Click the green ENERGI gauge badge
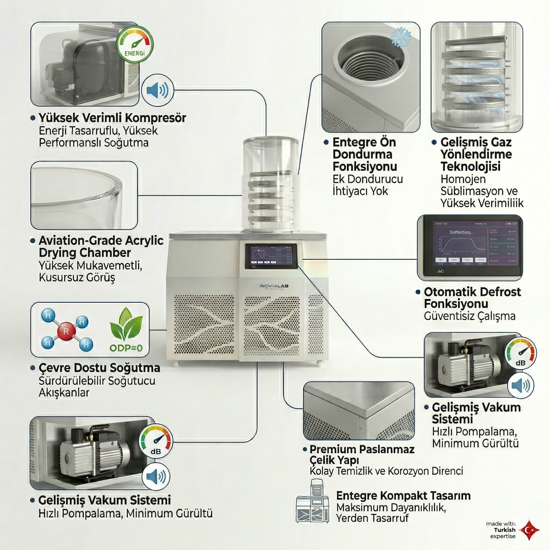(x=135, y=44)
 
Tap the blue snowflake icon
(x=401, y=37)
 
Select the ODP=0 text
(x=126, y=348)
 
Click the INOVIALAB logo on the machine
(x=274, y=286)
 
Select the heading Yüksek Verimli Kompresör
(x=112, y=118)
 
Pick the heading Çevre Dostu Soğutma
(x=99, y=368)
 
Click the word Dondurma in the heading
(x=362, y=154)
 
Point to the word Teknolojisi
(x=471, y=167)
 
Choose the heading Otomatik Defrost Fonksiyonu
(x=472, y=298)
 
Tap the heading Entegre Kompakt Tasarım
(x=403, y=496)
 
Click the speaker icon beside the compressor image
(x=157, y=91)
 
